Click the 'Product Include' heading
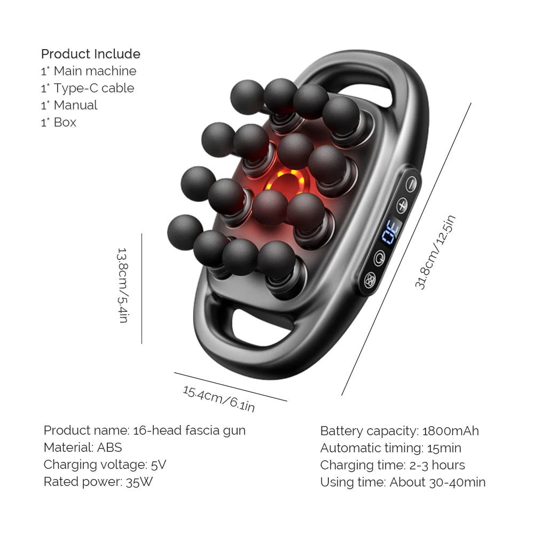click(91, 54)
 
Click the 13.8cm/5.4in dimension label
click(122, 285)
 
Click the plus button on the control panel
click(402, 205)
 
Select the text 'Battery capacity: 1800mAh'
click(399, 431)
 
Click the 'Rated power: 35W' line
click(99, 482)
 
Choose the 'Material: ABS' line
click(83, 447)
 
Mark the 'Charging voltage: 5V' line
click(105, 465)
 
